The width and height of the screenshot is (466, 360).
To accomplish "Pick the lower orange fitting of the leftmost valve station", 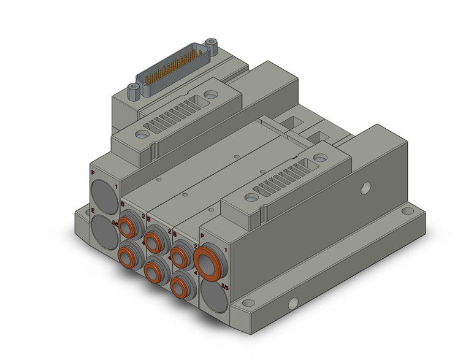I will click(x=128, y=253).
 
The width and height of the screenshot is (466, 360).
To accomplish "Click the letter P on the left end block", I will click(x=93, y=174).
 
